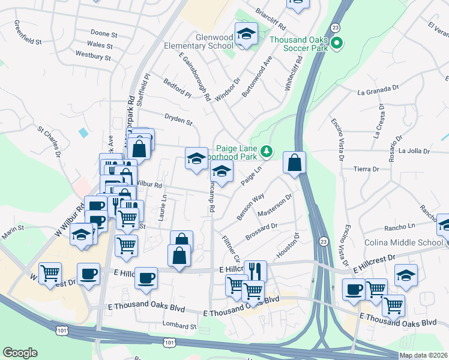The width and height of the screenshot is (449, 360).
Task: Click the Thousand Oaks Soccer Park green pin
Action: tap(337, 43)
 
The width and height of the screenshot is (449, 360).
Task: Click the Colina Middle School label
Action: tap(403, 243)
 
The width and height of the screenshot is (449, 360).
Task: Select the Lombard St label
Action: tap(179, 326)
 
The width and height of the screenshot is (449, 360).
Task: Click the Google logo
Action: tap(20, 353)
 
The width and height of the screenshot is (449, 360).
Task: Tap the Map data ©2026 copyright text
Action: tap(423, 355)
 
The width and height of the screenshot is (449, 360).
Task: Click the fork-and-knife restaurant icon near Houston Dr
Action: tap(255, 271)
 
